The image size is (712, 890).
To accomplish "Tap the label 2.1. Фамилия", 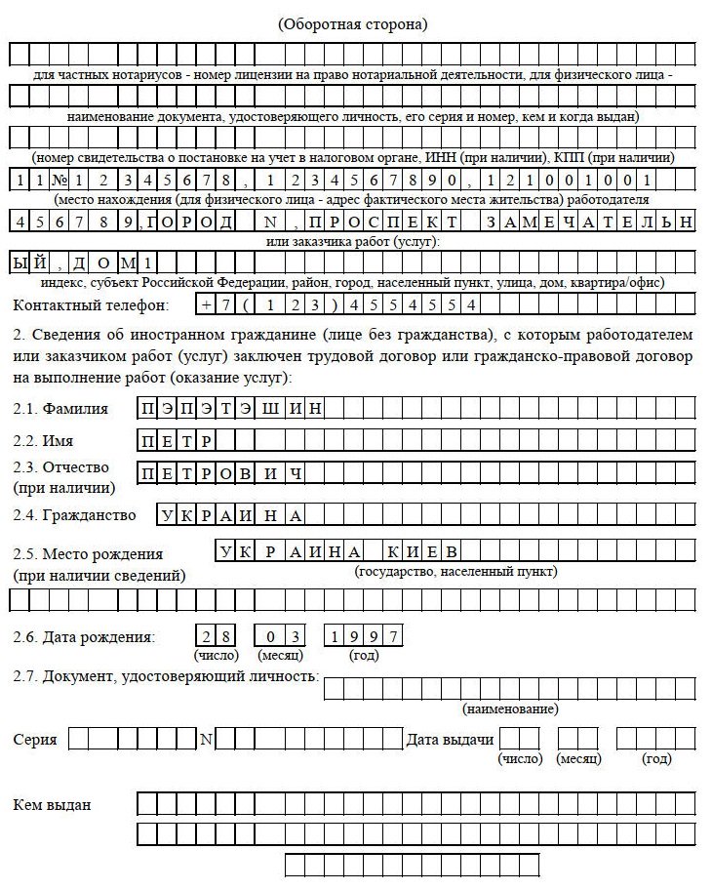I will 60,408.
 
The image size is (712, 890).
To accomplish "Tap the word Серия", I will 35,740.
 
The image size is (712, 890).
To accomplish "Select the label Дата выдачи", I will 450,740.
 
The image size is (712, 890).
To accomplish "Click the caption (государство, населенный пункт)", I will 456,571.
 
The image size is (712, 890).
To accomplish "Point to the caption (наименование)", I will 510,708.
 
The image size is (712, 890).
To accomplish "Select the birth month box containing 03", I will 280,636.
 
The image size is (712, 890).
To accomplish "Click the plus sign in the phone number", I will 206,304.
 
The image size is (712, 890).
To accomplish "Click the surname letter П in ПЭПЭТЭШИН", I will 147,409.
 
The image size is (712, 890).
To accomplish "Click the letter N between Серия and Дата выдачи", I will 206,740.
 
